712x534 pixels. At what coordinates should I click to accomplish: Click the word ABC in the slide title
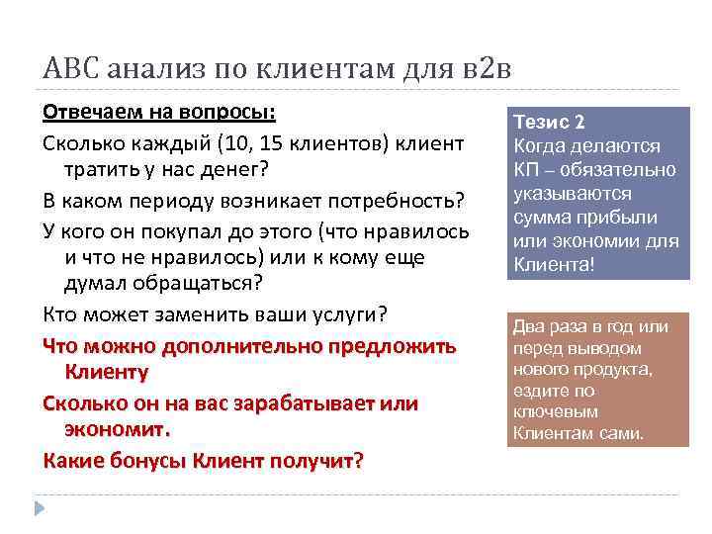point(68,69)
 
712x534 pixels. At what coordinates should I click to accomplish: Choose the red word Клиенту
point(107,373)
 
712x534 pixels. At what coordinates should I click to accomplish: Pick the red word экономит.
point(118,430)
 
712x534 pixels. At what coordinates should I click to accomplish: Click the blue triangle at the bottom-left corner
point(41,508)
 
